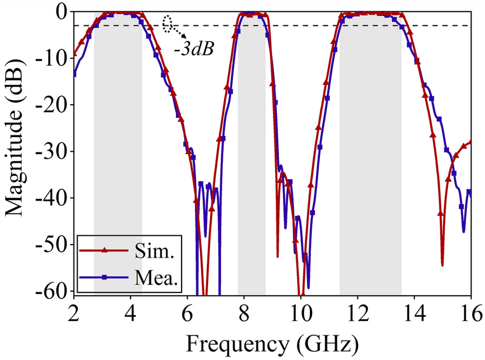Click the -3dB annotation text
[x=193, y=49]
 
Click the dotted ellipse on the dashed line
[x=169, y=23]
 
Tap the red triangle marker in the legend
[x=104, y=251]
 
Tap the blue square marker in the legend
[x=104, y=276]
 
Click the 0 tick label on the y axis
[x=61, y=11]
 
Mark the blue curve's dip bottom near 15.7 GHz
[x=463, y=231]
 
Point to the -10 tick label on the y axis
[x=53, y=58]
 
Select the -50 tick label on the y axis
[x=53, y=245]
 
